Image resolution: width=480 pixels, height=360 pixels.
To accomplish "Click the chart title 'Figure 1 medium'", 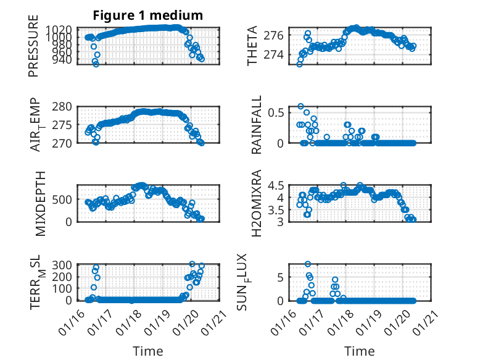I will point(147,15).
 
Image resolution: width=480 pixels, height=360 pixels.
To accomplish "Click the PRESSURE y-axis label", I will point(33,51).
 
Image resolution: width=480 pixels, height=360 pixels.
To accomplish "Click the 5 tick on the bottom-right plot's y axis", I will point(280,277).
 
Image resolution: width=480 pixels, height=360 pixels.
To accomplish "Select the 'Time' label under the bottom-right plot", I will point(360,351).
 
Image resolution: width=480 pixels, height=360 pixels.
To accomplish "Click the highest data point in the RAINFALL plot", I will point(300,106).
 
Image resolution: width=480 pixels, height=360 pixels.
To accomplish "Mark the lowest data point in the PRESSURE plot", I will point(96,64).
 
